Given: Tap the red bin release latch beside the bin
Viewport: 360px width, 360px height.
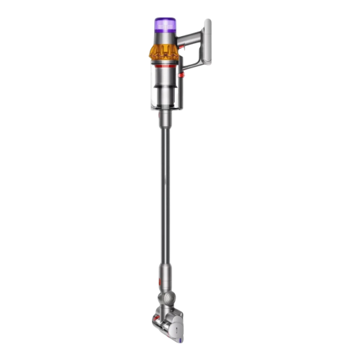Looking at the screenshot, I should [x=183, y=74].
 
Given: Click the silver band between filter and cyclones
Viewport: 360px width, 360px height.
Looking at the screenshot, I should [x=166, y=37].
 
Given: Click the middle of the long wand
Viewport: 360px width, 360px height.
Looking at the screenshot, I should [x=166, y=202].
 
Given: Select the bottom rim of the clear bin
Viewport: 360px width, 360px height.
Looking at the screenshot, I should [x=165, y=108].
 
